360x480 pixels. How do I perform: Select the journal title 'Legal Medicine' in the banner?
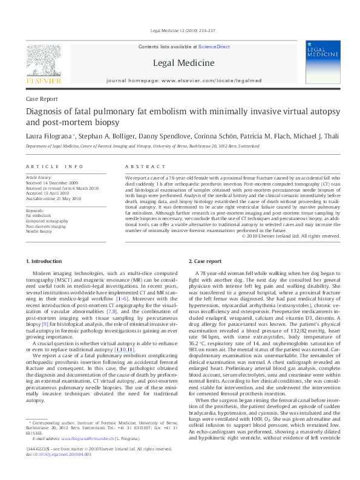183,63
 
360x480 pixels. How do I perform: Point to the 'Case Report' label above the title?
42,98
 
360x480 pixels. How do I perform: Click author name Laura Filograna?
50,136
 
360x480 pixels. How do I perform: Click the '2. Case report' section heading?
205,261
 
